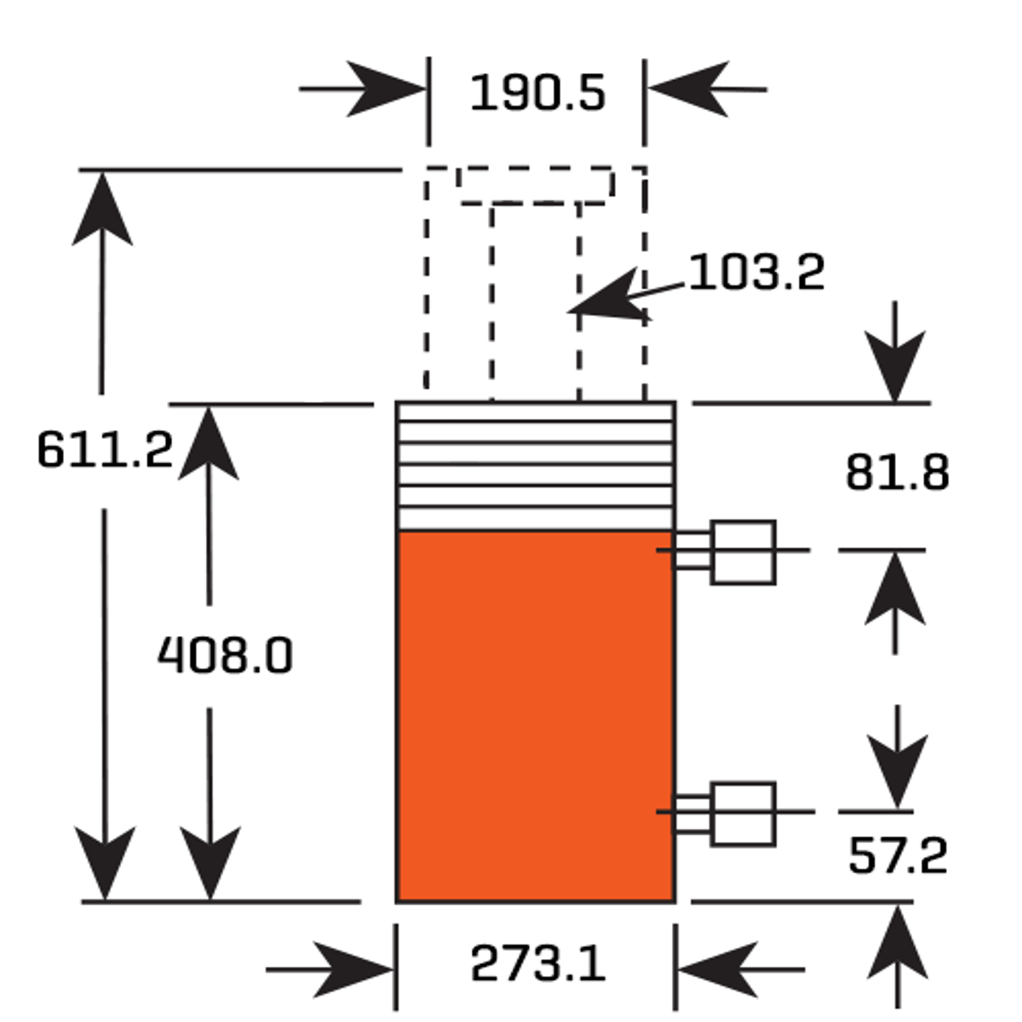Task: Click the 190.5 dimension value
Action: tap(537, 93)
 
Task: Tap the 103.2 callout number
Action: tap(757, 272)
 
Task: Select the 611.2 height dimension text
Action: tap(105, 449)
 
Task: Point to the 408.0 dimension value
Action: tap(226, 656)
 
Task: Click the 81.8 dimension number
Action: tap(898, 472)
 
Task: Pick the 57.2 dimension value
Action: tap(898, 855)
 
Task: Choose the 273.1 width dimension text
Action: tap(537, 963)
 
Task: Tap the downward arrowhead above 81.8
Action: tap(895, 366)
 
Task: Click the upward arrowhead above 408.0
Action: tap(209, 443)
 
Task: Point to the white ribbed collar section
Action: tap(536, 466)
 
